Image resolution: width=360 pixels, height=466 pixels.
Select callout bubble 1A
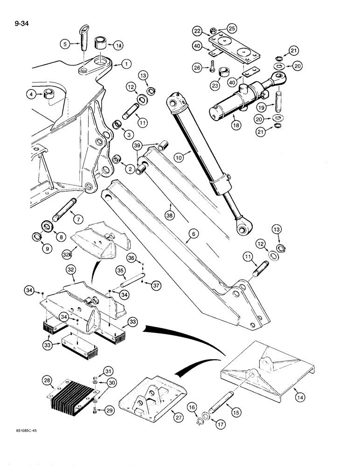[118, 45]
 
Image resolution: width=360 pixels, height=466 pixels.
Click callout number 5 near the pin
[66, 45]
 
